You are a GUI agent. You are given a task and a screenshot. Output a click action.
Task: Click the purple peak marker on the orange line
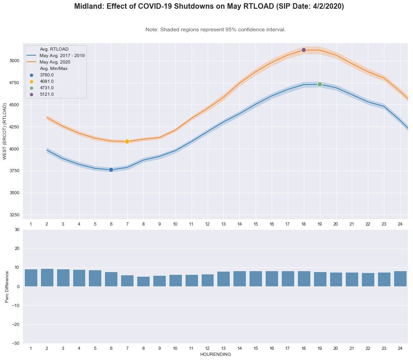(303, 50)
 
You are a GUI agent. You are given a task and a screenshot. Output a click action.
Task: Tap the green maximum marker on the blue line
(320, 84)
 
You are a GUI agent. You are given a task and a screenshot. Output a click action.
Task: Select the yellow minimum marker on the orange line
(127, 141)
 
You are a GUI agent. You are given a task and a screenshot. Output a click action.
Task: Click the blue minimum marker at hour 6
(111, 170)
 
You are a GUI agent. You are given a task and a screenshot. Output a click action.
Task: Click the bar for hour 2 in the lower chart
(47, 278)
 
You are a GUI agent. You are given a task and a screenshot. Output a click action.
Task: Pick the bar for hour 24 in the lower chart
(400, 279)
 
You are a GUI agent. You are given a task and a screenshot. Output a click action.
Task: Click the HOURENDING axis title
(215, 355)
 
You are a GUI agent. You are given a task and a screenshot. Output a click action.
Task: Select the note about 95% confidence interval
(215, 29)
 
